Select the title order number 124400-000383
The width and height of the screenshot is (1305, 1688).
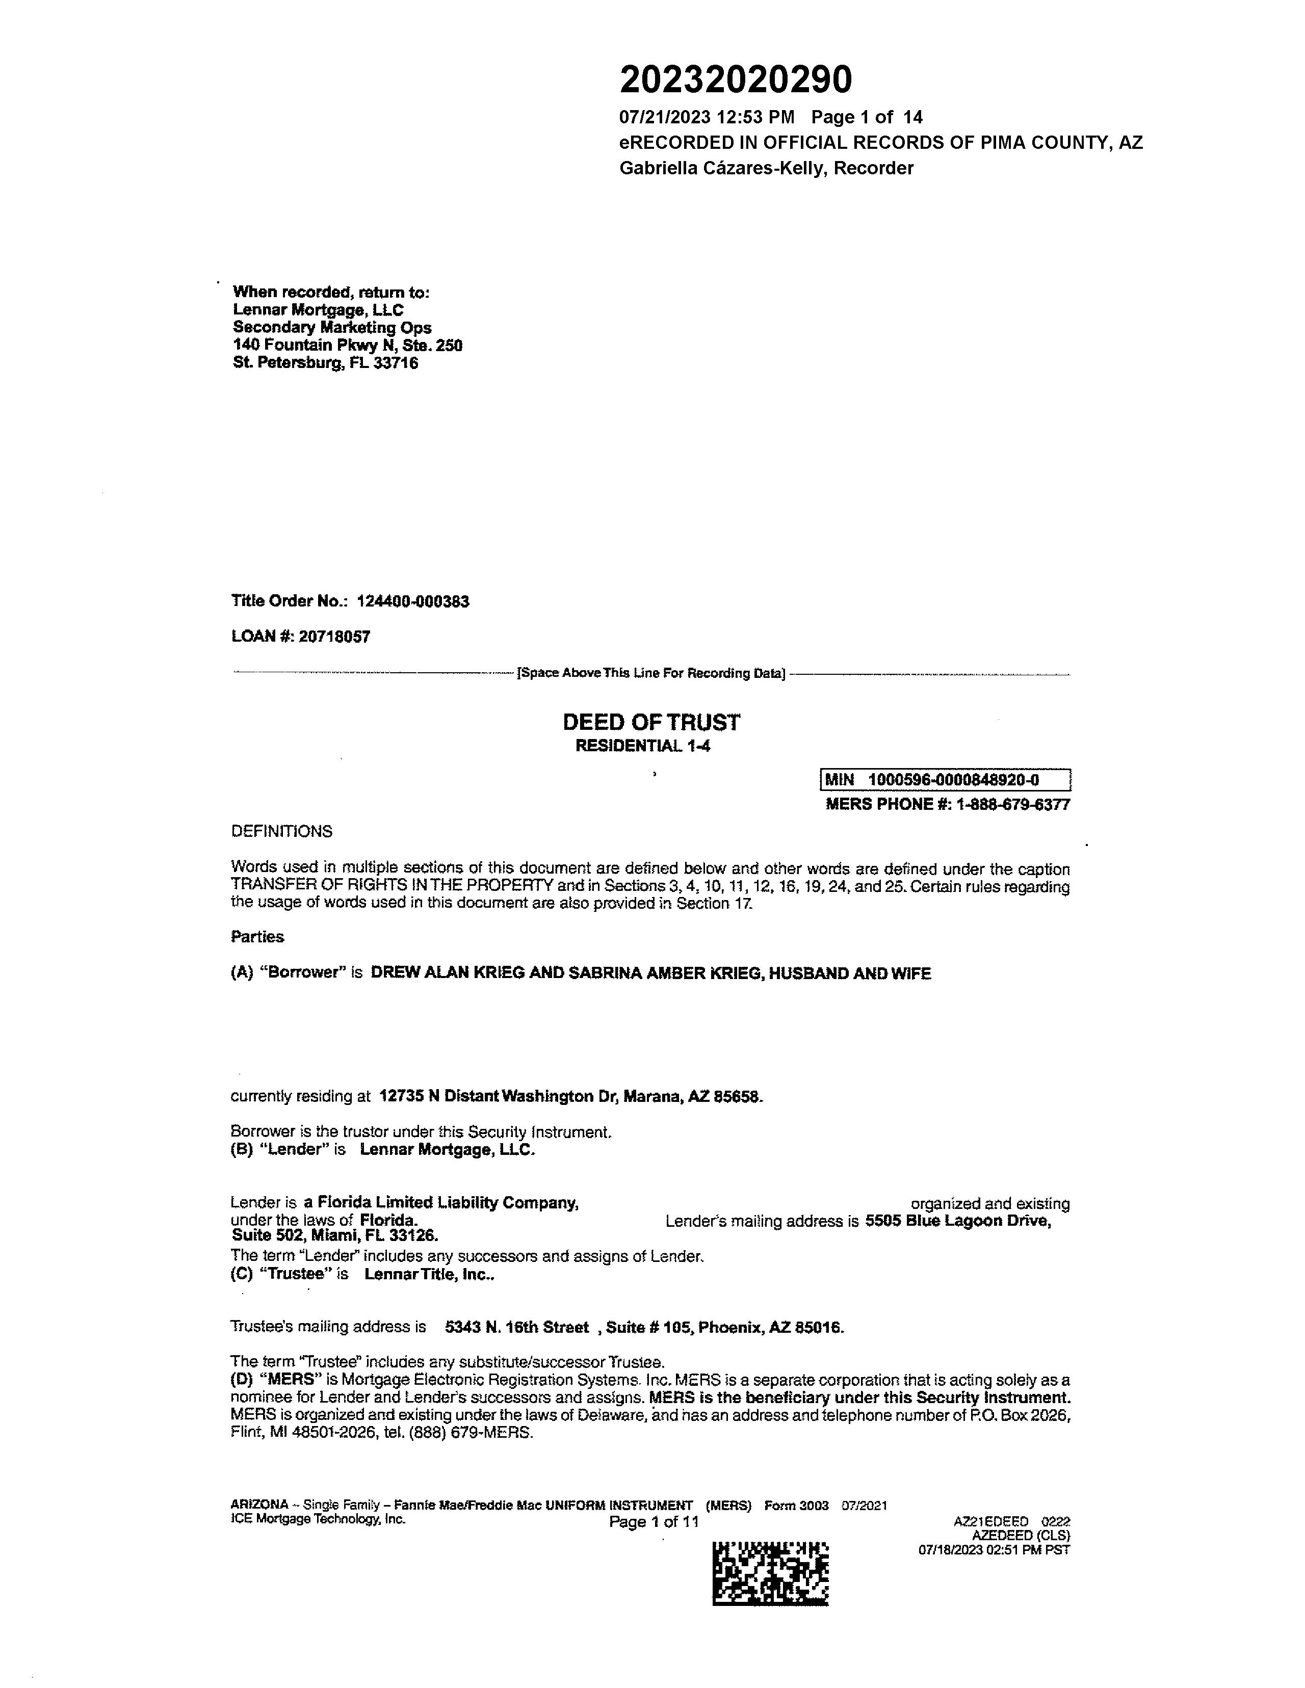[x=413, y=601]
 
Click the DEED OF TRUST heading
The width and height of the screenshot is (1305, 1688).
[x=651, y=723]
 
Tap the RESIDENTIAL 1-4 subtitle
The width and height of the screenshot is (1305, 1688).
[x=642, y=746]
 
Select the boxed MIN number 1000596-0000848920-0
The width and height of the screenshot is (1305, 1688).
[x=953, y=780]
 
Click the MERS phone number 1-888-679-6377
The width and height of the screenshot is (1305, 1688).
[x=1013, y=805]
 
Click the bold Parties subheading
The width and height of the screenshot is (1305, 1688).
[x=257, y=937]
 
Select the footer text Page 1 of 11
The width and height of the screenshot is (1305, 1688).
[x=654, y=1522]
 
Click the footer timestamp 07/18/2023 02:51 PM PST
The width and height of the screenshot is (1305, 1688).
[x=994, y=1550]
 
